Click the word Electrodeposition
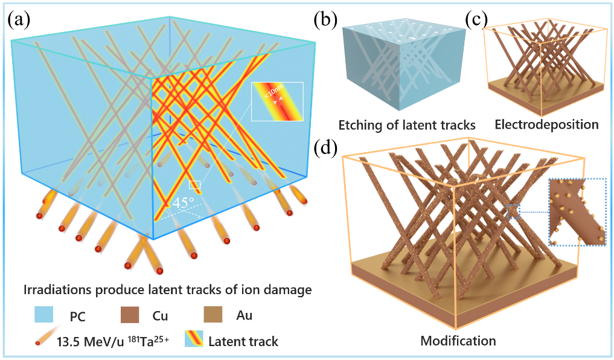pyautogui.click(x=546, y=125)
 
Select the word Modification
pyautogui.click(x=458, y=341)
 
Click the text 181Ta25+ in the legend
pyautogui.click(x=147, y=341)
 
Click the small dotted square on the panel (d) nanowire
pyautogui.click(x=513, y=211)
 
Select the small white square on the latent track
pyautogui.click(x=194, y=185)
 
